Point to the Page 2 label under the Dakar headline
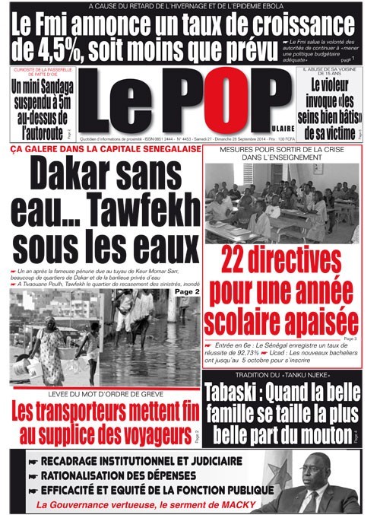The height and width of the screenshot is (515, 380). coord(186,291)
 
